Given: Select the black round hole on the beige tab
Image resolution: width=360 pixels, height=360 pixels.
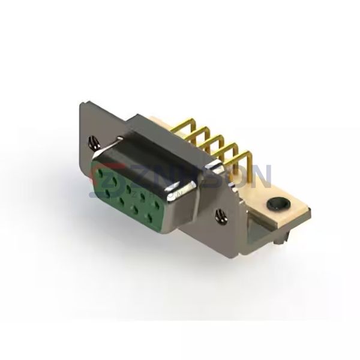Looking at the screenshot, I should [277, 204].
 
